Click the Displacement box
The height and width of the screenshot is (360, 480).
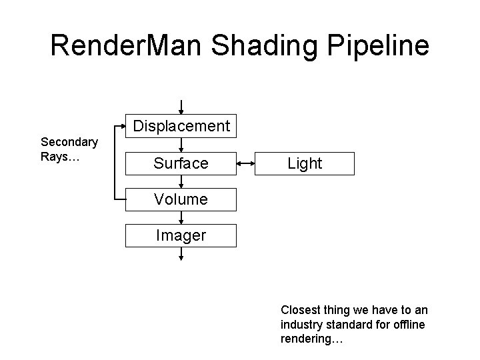coord(181,126)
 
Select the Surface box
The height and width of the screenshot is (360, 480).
coord(181,163)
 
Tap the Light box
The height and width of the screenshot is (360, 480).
coord(305,163)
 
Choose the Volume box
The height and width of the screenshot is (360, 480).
coord(181,199)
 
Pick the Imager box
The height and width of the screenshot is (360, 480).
coord(181,235)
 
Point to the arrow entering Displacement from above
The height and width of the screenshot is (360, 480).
coord(181,107)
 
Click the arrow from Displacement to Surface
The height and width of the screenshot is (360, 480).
coord(181,144)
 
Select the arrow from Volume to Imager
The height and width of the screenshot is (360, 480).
coord(181,217)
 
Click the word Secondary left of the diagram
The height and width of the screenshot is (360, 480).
coord(69,141)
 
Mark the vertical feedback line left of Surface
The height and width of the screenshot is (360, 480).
coord(115,163)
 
